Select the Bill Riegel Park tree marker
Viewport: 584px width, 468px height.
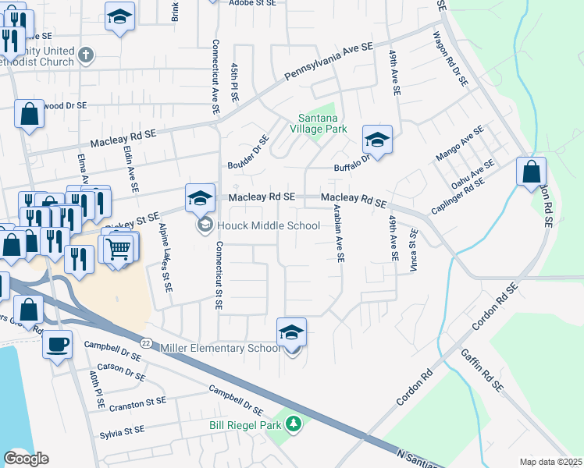pos(294,424)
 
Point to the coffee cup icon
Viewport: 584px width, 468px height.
pos(58,344)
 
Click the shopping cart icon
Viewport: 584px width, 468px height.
pos(119,249)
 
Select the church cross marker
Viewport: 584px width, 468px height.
pos(87,55)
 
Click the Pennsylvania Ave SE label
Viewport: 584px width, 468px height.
pos(329,61)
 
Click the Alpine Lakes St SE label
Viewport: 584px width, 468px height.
pos(165,257)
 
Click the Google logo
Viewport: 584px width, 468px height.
pos(27,459)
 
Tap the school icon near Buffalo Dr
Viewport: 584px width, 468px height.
pos(377,140)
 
